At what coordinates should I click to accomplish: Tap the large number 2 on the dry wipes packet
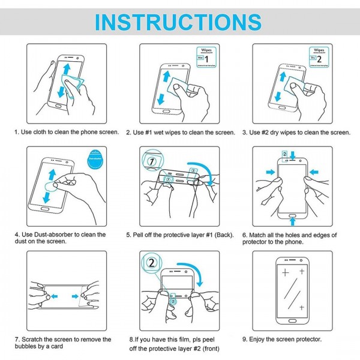[x=319, y=60]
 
